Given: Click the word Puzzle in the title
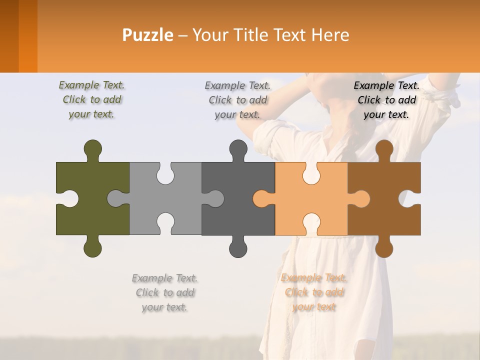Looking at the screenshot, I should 148,35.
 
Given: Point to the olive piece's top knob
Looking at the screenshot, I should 93,149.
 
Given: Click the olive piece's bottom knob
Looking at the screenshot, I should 93,247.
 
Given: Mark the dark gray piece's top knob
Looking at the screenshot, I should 238,149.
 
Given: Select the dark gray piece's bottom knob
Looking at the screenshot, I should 238,247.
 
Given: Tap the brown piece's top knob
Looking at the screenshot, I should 384,149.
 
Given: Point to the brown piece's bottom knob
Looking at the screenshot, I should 384,247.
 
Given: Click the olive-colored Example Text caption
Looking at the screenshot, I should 91,99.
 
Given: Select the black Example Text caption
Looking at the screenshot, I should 386,99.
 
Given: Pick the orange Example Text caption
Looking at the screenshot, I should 314,292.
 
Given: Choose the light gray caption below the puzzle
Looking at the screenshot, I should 164,292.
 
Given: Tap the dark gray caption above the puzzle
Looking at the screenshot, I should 237,99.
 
